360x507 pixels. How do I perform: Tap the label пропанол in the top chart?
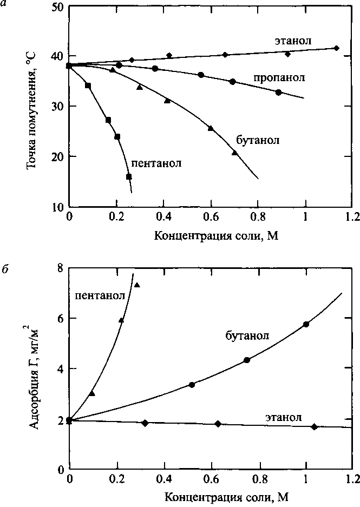coord(279,78)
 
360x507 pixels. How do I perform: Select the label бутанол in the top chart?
coord(258,140)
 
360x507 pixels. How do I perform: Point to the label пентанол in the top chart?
coord(156,162)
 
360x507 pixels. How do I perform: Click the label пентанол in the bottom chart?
coord(100,295)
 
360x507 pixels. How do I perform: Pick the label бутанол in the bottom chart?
coord(247,335)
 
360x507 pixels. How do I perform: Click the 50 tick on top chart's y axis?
coord(57,8)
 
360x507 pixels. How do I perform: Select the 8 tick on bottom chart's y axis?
coord(60,268)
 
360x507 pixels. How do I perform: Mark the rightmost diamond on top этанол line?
coord(336,48)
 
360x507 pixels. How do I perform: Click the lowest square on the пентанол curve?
coord(129,177)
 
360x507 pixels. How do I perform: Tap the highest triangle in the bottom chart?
coord(137,285)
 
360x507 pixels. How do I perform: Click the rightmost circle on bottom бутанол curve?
coord(306,324)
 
